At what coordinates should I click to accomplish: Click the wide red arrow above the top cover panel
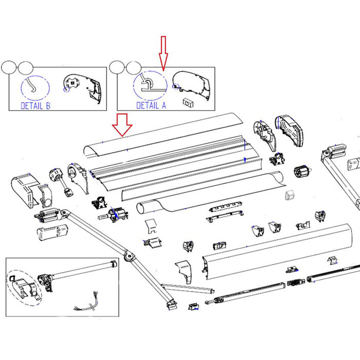[123, 125]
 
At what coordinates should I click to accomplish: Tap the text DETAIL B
[35, 105]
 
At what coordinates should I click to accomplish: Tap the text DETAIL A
[151, 105]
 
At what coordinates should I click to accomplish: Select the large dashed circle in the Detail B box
[34, 86]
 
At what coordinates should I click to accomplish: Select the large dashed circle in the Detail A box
[150, 85]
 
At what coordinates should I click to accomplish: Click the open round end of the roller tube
[142, 209]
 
